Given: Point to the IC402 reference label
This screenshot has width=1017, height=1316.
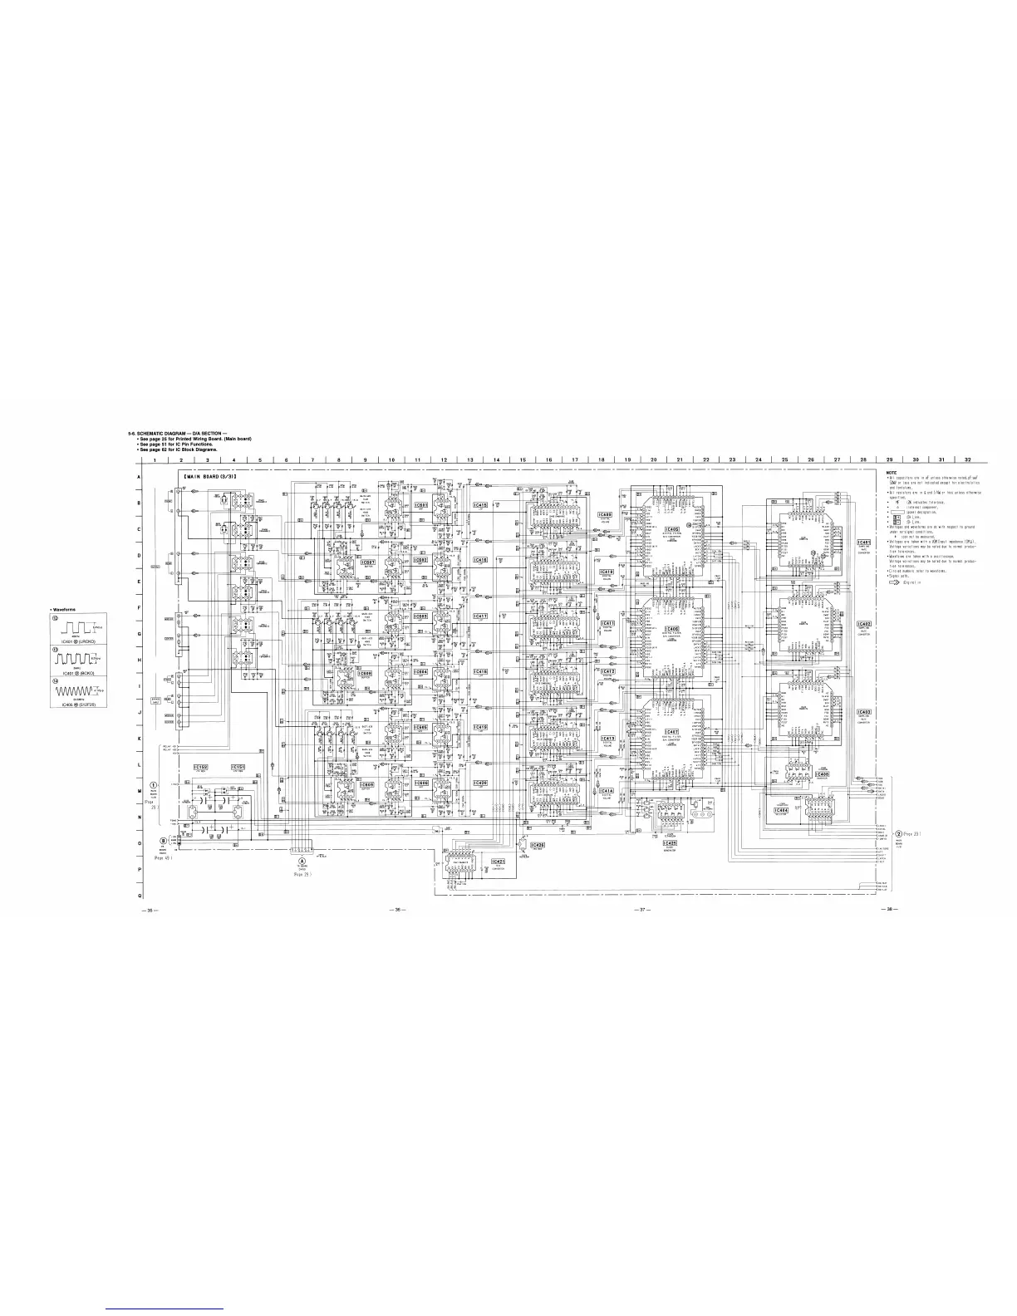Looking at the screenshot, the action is (864, 624).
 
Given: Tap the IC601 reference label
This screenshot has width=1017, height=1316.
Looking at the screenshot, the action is (420, 505).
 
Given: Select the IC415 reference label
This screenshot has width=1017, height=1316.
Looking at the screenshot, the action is (480, 505).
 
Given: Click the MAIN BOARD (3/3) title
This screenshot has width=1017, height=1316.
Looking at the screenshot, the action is (211, 476).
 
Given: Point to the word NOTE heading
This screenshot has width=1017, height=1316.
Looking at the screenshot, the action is (893, 472).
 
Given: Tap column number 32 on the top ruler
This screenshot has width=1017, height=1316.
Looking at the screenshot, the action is (966, 459).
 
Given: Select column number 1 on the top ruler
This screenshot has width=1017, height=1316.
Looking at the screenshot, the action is (155, 459).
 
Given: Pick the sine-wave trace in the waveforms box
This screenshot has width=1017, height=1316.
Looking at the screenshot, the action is (75, 690).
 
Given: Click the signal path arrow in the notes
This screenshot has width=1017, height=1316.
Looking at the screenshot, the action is (896, 582).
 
